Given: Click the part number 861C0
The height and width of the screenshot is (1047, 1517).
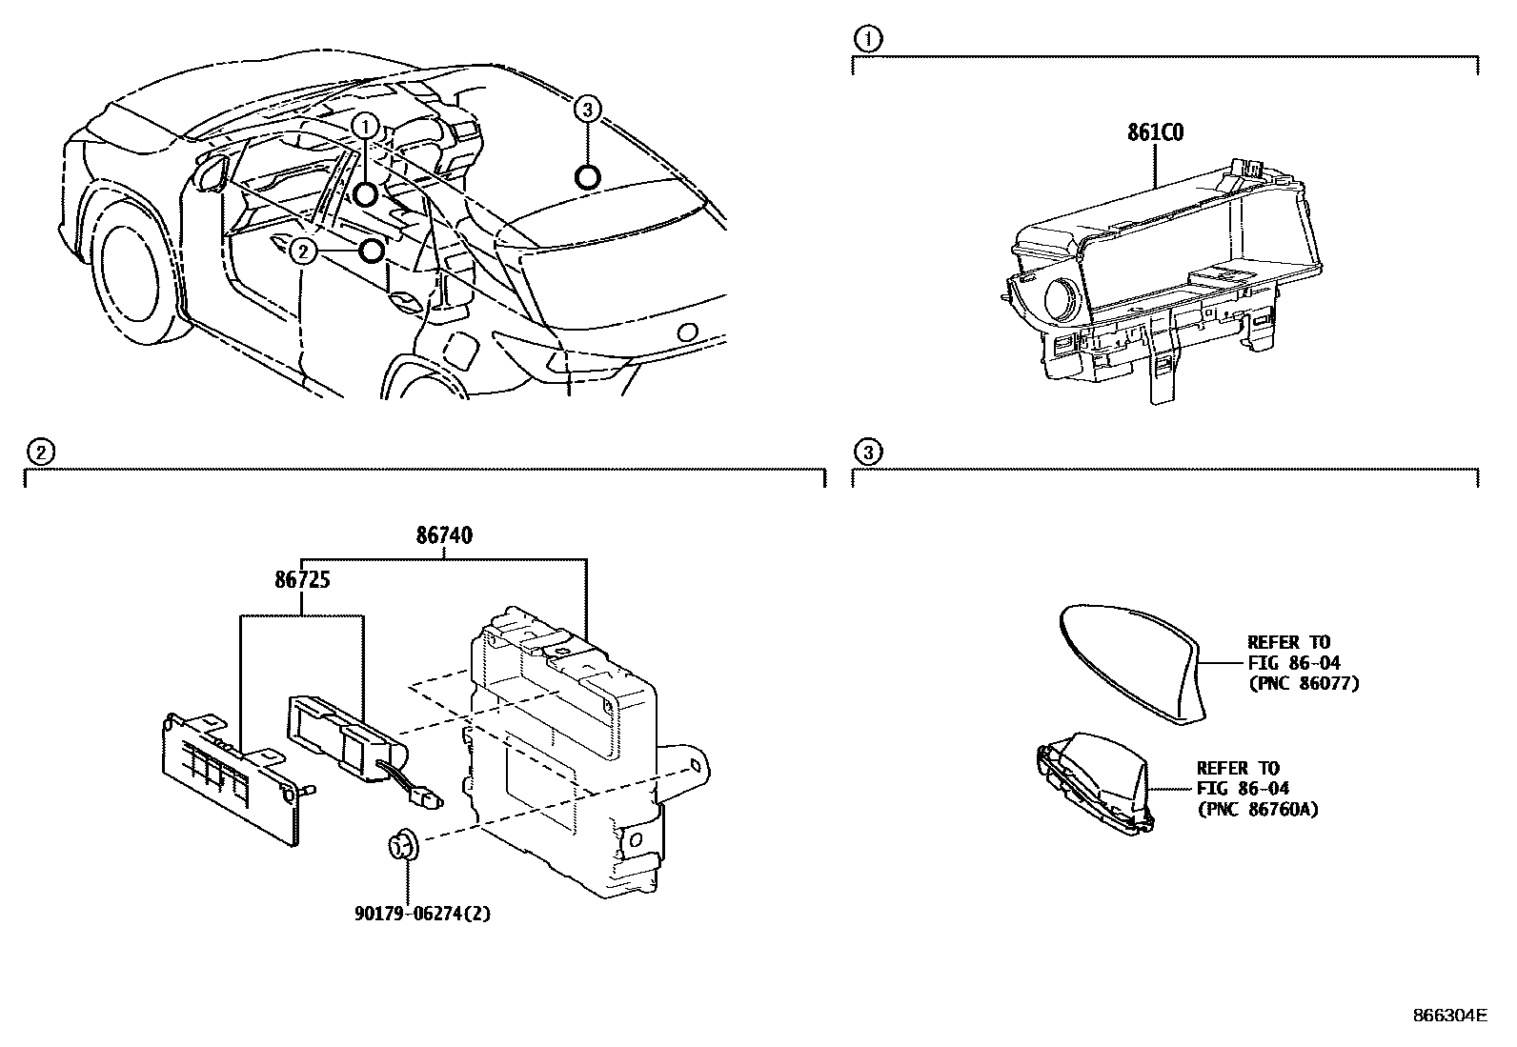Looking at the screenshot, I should pos(1156,133).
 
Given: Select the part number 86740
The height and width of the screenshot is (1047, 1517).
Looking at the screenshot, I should pos(444,536).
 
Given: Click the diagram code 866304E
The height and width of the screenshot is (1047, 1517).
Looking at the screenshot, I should pos(1448,1016).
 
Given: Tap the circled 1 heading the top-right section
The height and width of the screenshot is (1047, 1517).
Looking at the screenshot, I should pos(868,39).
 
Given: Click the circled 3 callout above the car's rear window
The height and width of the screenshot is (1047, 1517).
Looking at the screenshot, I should pos(588,111).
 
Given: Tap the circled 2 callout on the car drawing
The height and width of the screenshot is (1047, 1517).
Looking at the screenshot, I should pos(302,252).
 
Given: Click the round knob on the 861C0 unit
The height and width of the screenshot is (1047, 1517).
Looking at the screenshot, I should pos(1061,300).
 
